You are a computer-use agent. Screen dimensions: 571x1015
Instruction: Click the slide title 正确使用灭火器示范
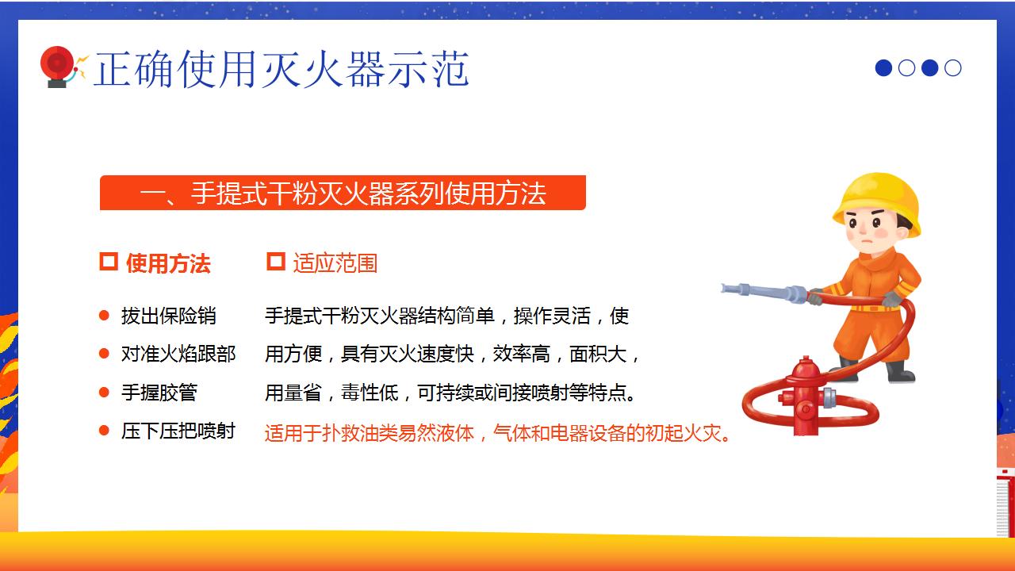pyautogui.click(x=282, y=69)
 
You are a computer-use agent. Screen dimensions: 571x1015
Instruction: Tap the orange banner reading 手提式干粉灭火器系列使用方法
pyautogui.click(x=343, y=193)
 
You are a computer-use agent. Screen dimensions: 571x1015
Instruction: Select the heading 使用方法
pyautogui.click(x=167, y=263)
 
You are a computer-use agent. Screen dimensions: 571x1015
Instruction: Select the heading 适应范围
pyautogui.click(x=335, y=263)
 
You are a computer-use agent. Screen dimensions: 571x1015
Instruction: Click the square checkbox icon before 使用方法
pyautogui.click(x=109, y=262)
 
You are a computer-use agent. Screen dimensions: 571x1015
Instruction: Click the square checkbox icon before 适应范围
pyautogui.click(x=275, y=262)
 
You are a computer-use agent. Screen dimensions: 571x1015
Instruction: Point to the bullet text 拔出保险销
pyautogui.click(x=168, y=316)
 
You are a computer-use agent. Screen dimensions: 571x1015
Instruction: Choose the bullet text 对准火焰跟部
pyautogui.click(x=178, y=354)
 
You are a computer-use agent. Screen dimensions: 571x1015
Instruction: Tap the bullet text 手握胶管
pyautogui.click(x=159, y=393)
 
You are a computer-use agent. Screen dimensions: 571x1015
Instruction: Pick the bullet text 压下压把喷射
pyautogui.click(x=178, y=431)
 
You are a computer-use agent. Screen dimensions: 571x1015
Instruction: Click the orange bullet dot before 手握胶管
pyautogui.click(x=104, y=392)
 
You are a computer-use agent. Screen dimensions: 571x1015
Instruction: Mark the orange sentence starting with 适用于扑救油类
pyautogui.click(x=498, y=434)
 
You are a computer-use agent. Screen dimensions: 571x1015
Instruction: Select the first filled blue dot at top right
pyautogui.click(x=883, y=68)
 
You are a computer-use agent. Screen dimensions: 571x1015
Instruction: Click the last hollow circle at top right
pyautogui.click(x=953, y=68)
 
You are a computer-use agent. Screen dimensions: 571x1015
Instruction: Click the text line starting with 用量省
pyautogui.click(x=450, y=393)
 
